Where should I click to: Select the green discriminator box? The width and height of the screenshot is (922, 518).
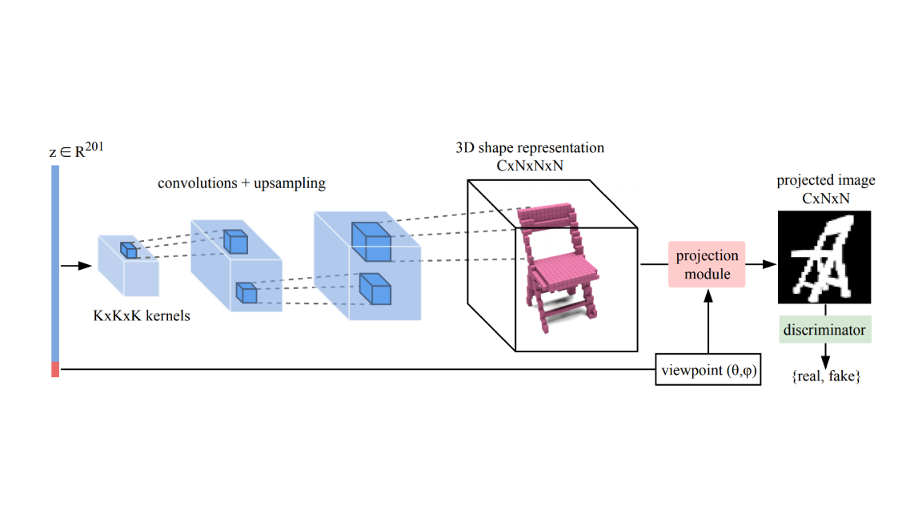coord(824,329)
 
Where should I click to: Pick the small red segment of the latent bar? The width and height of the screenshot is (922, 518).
coord(55,369)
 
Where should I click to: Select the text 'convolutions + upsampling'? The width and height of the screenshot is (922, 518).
coord(242,183)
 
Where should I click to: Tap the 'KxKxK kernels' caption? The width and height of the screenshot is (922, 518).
coord(142,315)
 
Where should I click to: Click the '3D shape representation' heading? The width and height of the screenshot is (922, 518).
coord(530,148)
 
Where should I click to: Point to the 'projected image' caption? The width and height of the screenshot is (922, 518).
coord(826,180)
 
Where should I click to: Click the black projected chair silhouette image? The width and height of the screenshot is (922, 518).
coord(824,257)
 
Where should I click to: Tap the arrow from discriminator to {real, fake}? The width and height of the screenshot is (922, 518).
coord(824,354)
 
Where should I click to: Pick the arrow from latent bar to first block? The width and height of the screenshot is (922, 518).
coord(74,265)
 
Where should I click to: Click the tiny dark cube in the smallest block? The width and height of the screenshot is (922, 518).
coord(129,250)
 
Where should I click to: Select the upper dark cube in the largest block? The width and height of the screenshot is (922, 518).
coord(371,242)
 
